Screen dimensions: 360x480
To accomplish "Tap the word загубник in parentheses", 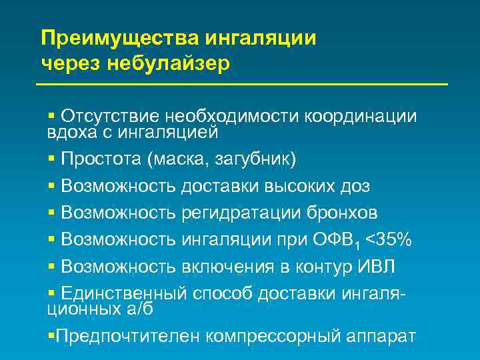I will point(254,160).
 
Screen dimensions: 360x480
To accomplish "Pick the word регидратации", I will point(245,213).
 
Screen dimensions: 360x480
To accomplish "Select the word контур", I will point(321,266).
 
